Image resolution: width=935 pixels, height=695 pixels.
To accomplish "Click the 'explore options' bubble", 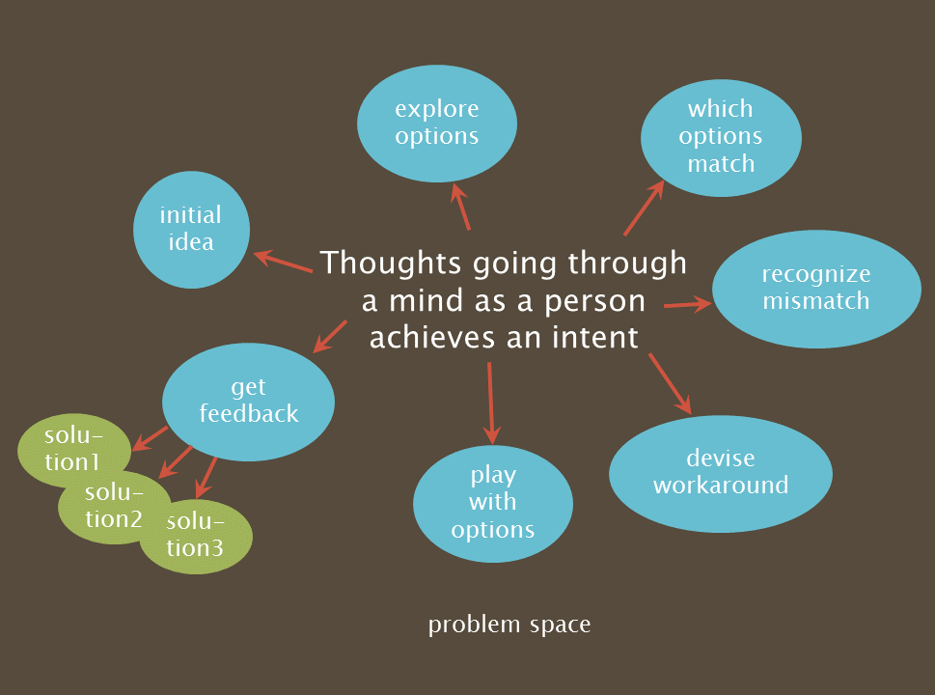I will pos(437,123).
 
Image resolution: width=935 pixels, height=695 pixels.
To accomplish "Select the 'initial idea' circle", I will pos(191,229).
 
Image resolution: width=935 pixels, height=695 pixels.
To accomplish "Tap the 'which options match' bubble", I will pos(721,135).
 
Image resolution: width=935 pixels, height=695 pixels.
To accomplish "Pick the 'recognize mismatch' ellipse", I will pos(816,288).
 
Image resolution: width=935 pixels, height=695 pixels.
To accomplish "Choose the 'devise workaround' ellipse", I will pos(721,472).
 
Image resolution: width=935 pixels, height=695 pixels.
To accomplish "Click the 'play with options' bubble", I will pos(492,502).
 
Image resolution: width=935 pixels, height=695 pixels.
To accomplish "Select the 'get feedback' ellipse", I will pos(248,401).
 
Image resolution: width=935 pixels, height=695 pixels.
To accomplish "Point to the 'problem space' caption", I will pos(509,625).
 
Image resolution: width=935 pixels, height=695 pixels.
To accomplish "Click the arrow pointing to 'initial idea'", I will pos(282,262).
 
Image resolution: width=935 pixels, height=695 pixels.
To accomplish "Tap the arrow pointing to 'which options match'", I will pos(645,207).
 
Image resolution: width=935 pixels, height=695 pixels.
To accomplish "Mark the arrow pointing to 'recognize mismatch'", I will pos(687,305).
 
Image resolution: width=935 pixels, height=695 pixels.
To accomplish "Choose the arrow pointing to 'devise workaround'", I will pos(671,383).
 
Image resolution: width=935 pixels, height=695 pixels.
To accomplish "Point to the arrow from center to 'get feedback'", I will pos(330,335).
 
